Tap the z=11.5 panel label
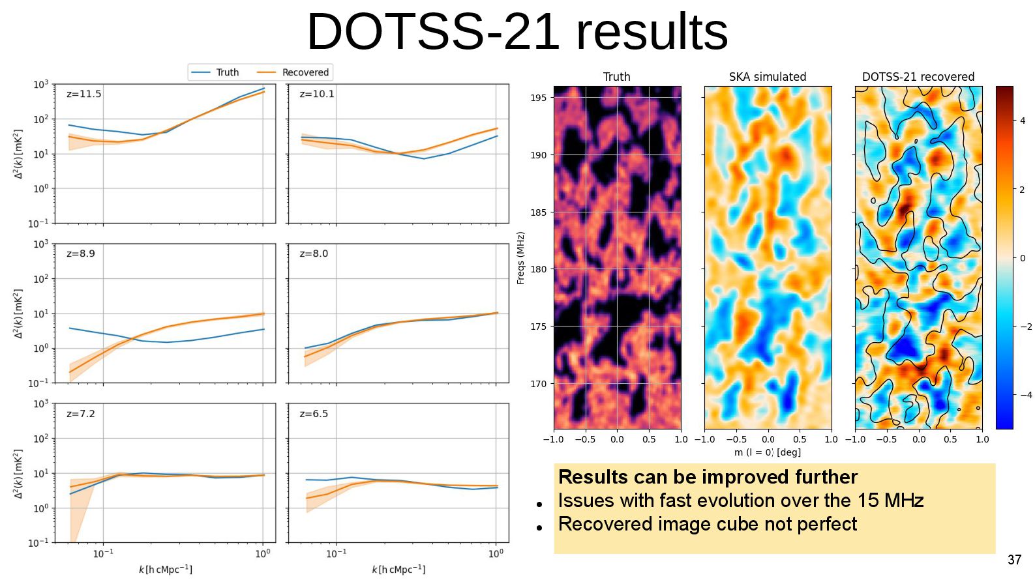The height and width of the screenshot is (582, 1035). click(83, 94)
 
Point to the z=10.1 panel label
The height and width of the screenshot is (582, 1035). click(316, 94)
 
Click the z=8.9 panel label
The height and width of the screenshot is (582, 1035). click(81, 254)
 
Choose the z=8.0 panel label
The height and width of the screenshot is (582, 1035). click(314, 254)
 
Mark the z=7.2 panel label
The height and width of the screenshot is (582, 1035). click(81, 414)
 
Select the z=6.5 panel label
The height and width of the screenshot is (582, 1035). click(314, 414)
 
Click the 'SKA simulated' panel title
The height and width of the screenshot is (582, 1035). click(767, 77)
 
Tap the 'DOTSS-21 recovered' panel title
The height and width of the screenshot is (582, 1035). click(918, 77)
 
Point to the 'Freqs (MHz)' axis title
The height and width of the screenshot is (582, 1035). click(520, 258)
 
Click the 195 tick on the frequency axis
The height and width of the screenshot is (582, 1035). click(539, 98)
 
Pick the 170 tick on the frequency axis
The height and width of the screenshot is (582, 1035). click(539, 384)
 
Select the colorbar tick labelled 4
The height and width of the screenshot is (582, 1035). click(1022, 121)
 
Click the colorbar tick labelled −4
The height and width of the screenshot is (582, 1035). click(1025, 395)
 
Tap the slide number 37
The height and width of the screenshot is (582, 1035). click(1014, 560)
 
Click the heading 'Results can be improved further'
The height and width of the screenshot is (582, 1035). click(708, 477)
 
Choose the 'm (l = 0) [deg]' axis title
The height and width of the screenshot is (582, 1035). click(767, 452)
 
